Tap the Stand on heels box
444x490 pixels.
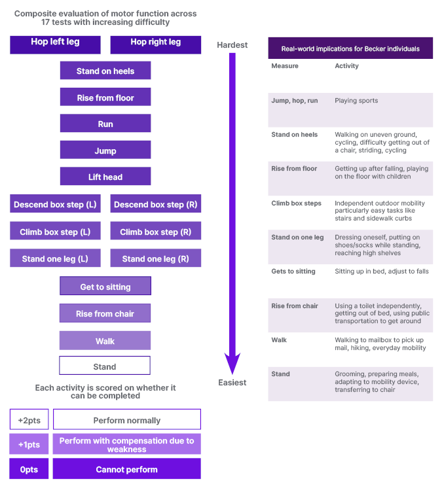(105, 71)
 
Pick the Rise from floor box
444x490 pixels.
(105, 97)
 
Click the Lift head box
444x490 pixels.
(105, 177)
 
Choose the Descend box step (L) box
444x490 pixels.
(55, 204)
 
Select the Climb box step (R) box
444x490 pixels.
(155, 231)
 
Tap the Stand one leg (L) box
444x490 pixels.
(55, 258)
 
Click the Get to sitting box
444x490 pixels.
(105, 286)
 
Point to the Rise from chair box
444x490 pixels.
(105, 313)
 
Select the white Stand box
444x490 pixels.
(105, 366)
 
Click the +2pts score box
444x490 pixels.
(29, 419)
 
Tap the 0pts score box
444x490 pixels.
(29, 468)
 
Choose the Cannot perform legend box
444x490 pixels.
(127, 468)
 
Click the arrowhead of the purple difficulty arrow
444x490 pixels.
(232, 363)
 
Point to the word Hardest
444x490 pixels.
(232, 45)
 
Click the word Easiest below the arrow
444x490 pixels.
(232, 382)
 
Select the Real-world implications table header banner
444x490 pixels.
(350, 48)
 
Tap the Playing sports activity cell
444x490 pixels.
(356, 101)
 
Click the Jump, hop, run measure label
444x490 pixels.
(295, 101)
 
